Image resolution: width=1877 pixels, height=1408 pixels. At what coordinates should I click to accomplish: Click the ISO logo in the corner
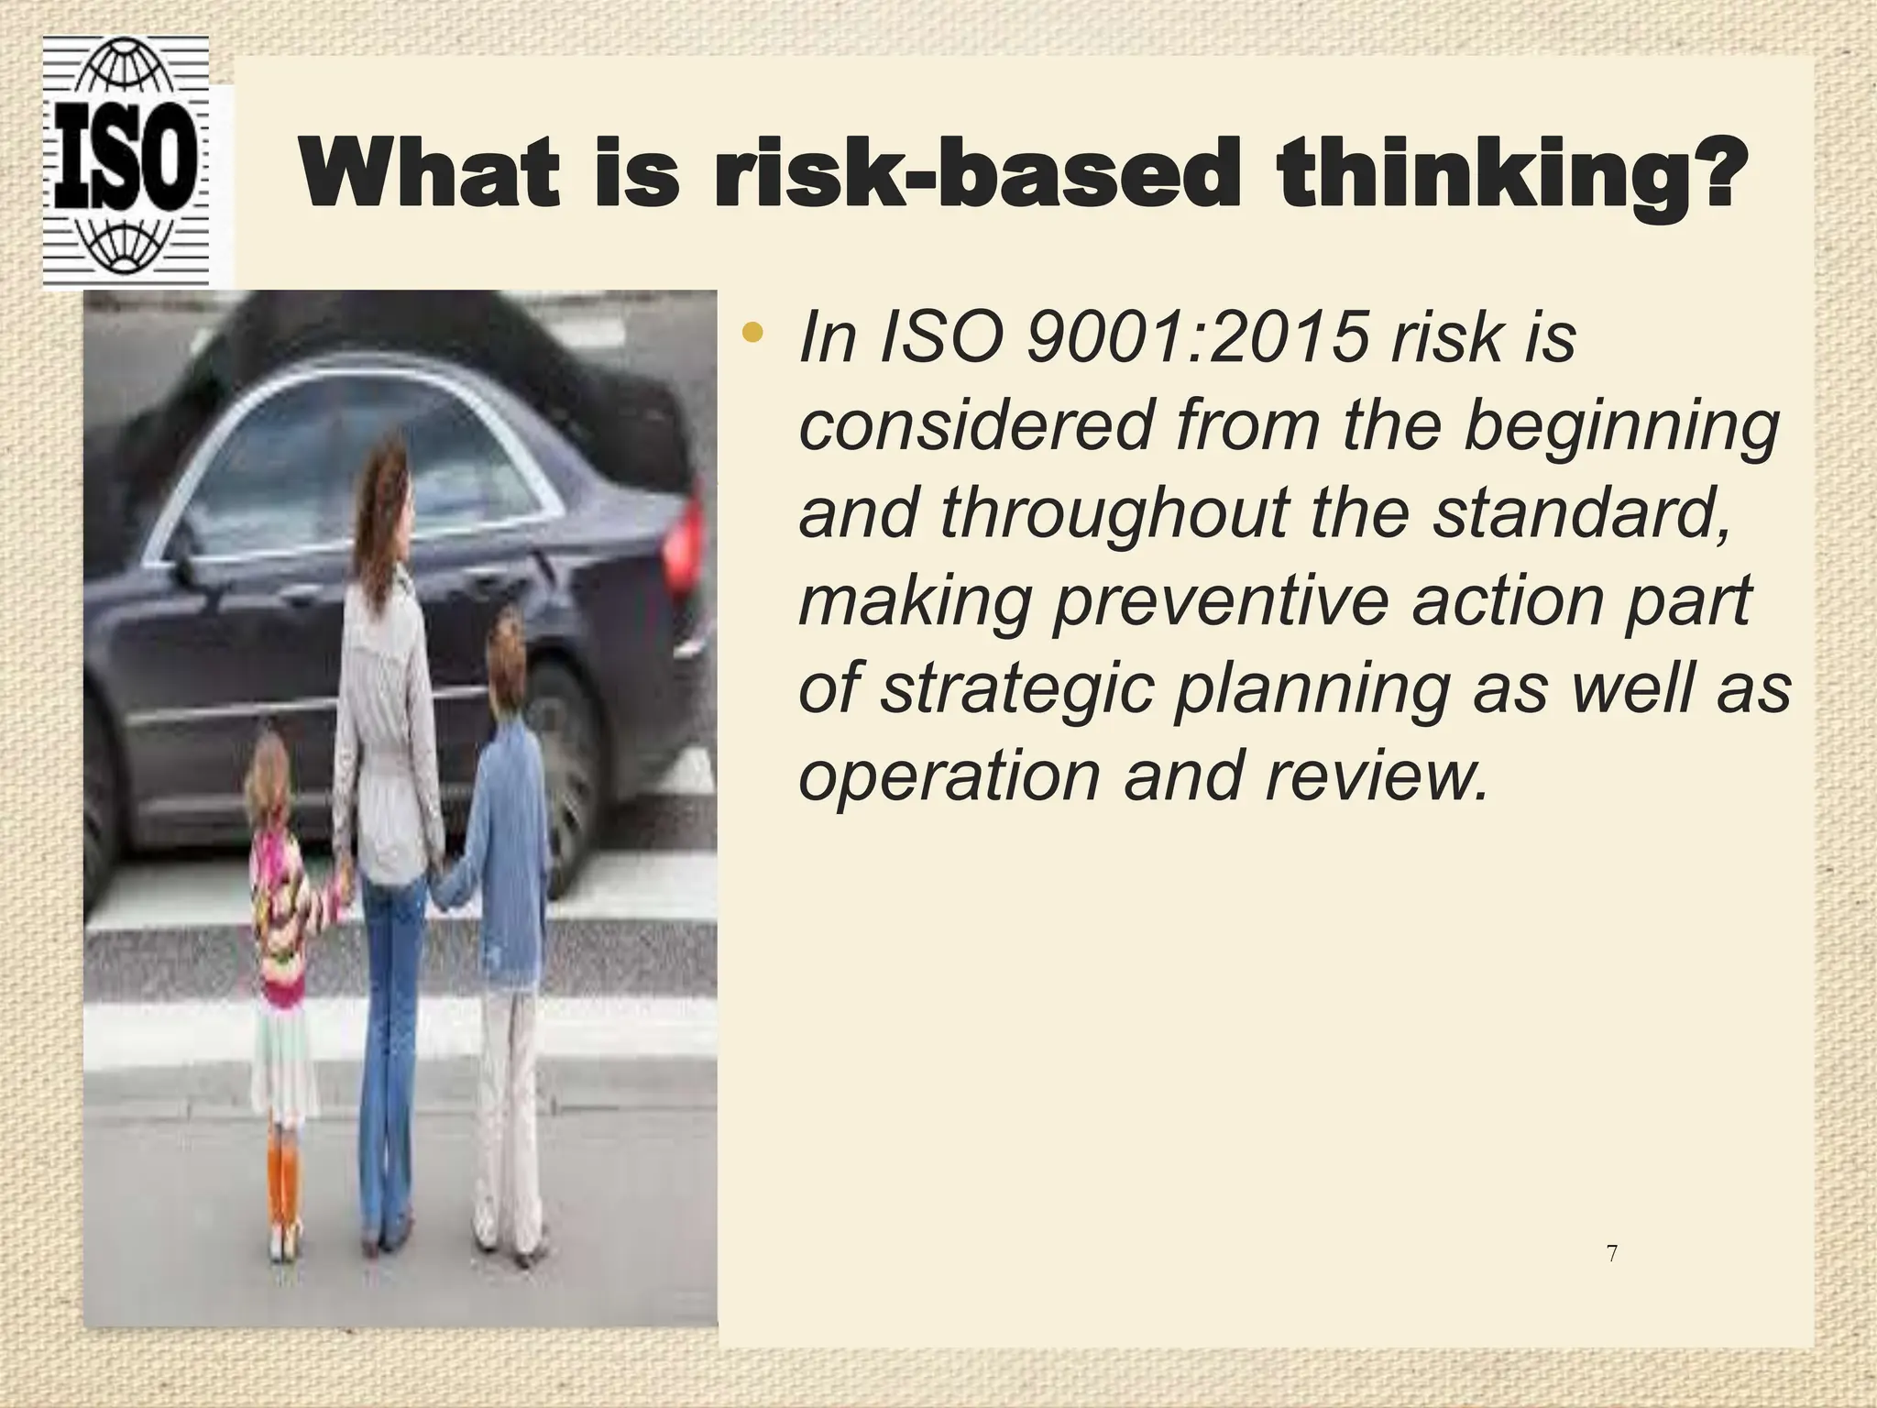126,162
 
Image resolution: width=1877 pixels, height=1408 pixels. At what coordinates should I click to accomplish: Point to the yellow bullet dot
752,334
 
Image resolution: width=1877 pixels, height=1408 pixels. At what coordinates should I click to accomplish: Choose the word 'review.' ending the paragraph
1376,774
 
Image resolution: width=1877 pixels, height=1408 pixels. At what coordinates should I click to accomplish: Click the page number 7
1612,1253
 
